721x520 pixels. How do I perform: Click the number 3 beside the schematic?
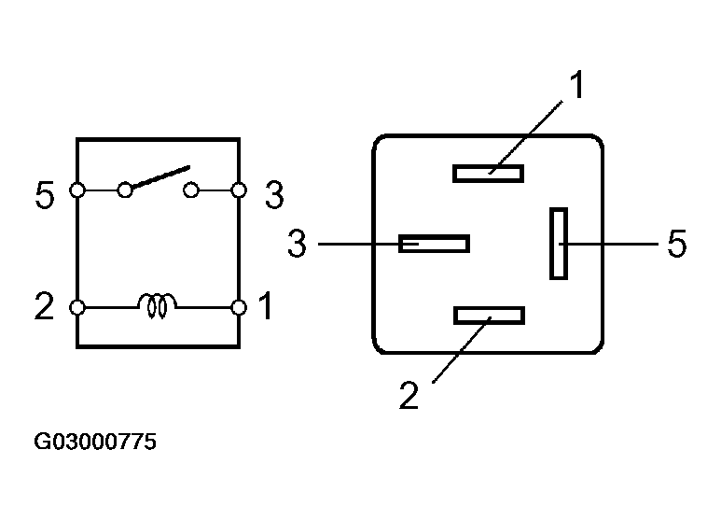click(x=273, y=195)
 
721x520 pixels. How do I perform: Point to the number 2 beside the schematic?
click(x=45, y=306)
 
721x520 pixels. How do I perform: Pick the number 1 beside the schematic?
click(x=265, y=306)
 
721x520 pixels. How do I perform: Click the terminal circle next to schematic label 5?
click(x=77, y=190)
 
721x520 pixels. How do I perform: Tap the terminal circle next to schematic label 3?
click(x=239, y=190)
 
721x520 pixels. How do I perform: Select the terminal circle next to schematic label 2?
click(x=77, y=306)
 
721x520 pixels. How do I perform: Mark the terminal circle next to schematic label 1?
click(x=239, y=306)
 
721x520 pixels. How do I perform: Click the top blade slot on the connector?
click(x=488, y=173)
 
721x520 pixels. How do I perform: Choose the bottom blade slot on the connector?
click(x=489, y=316)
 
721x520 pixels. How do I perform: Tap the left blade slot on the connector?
click(x=434, y=244)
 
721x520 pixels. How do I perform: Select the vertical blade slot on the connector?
click(x=559, y=243)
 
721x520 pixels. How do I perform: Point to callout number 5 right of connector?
click(x=677, y=245)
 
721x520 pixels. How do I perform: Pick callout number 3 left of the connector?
click(x=297, y=245)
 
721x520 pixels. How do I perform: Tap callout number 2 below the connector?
click(x=409, y=394)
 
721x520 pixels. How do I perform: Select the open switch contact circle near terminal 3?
click(x=190, y=190)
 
